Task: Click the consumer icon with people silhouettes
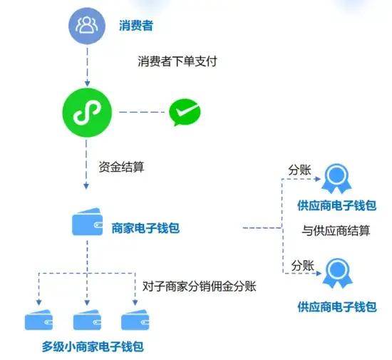pyautogui.click(x=87, y=25)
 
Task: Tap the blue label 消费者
pyautogui.click(x=136, y=26)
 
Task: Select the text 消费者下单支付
pyautogui.click(x=177, y=61)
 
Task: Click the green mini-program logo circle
pyautogui.click(x=87, y=113)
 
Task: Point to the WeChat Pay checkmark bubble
pyautogui.click(x=185, y=112)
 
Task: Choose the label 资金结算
pyautogui.click(x=121, y=167)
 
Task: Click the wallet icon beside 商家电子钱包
pyautogui.click(x=87, y=222)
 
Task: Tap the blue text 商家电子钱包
pyautogui.click(x=145, y=228)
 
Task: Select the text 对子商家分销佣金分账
pyautogui.click(x=200, y=287)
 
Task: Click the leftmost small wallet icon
pyautogui.click(x=38, y=320)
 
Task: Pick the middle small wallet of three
pyautogui.click(x=87, y=320)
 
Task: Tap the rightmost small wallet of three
pyautogui.click(x=135, y=320)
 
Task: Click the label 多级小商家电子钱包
pyautogui.click(x=93, y=346)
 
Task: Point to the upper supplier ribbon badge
pyautogui.click(x=336, y=178)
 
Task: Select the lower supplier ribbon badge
pyautogui.click(x=338, y=273)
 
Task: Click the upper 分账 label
pyautogui.click(x=299, y=170)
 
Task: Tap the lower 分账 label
pyautogui.click(x=302, y=265)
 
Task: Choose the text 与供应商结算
pyautogui.click(x=336, y=230)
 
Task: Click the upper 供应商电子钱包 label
pyautogui.click(x=337, y=205)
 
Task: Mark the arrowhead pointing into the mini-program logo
pyautogui.click(x=87, y=83)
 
